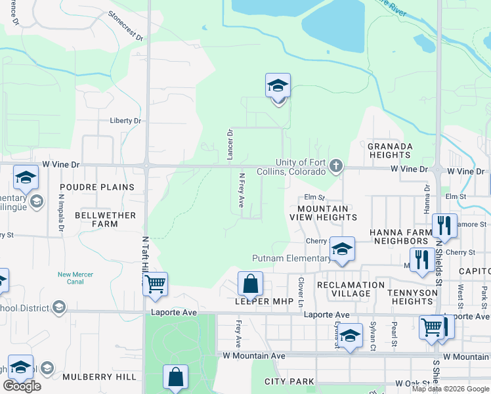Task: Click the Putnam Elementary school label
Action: click(291, 258)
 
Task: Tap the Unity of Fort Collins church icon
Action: click(336, 165)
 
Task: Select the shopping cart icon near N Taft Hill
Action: click(155, 284)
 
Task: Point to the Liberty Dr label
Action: click(125, 121)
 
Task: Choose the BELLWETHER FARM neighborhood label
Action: click(105, 219)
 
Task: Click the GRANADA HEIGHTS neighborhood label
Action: click(389, 150)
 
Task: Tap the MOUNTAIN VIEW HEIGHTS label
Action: click(324, 212)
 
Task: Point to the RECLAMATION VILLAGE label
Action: click(351, 290)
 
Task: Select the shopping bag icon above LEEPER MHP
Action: click(250, 284)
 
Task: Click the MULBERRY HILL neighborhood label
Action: click(100, 377)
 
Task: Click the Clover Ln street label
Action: click(301, 292)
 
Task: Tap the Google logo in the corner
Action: click(22, 386)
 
